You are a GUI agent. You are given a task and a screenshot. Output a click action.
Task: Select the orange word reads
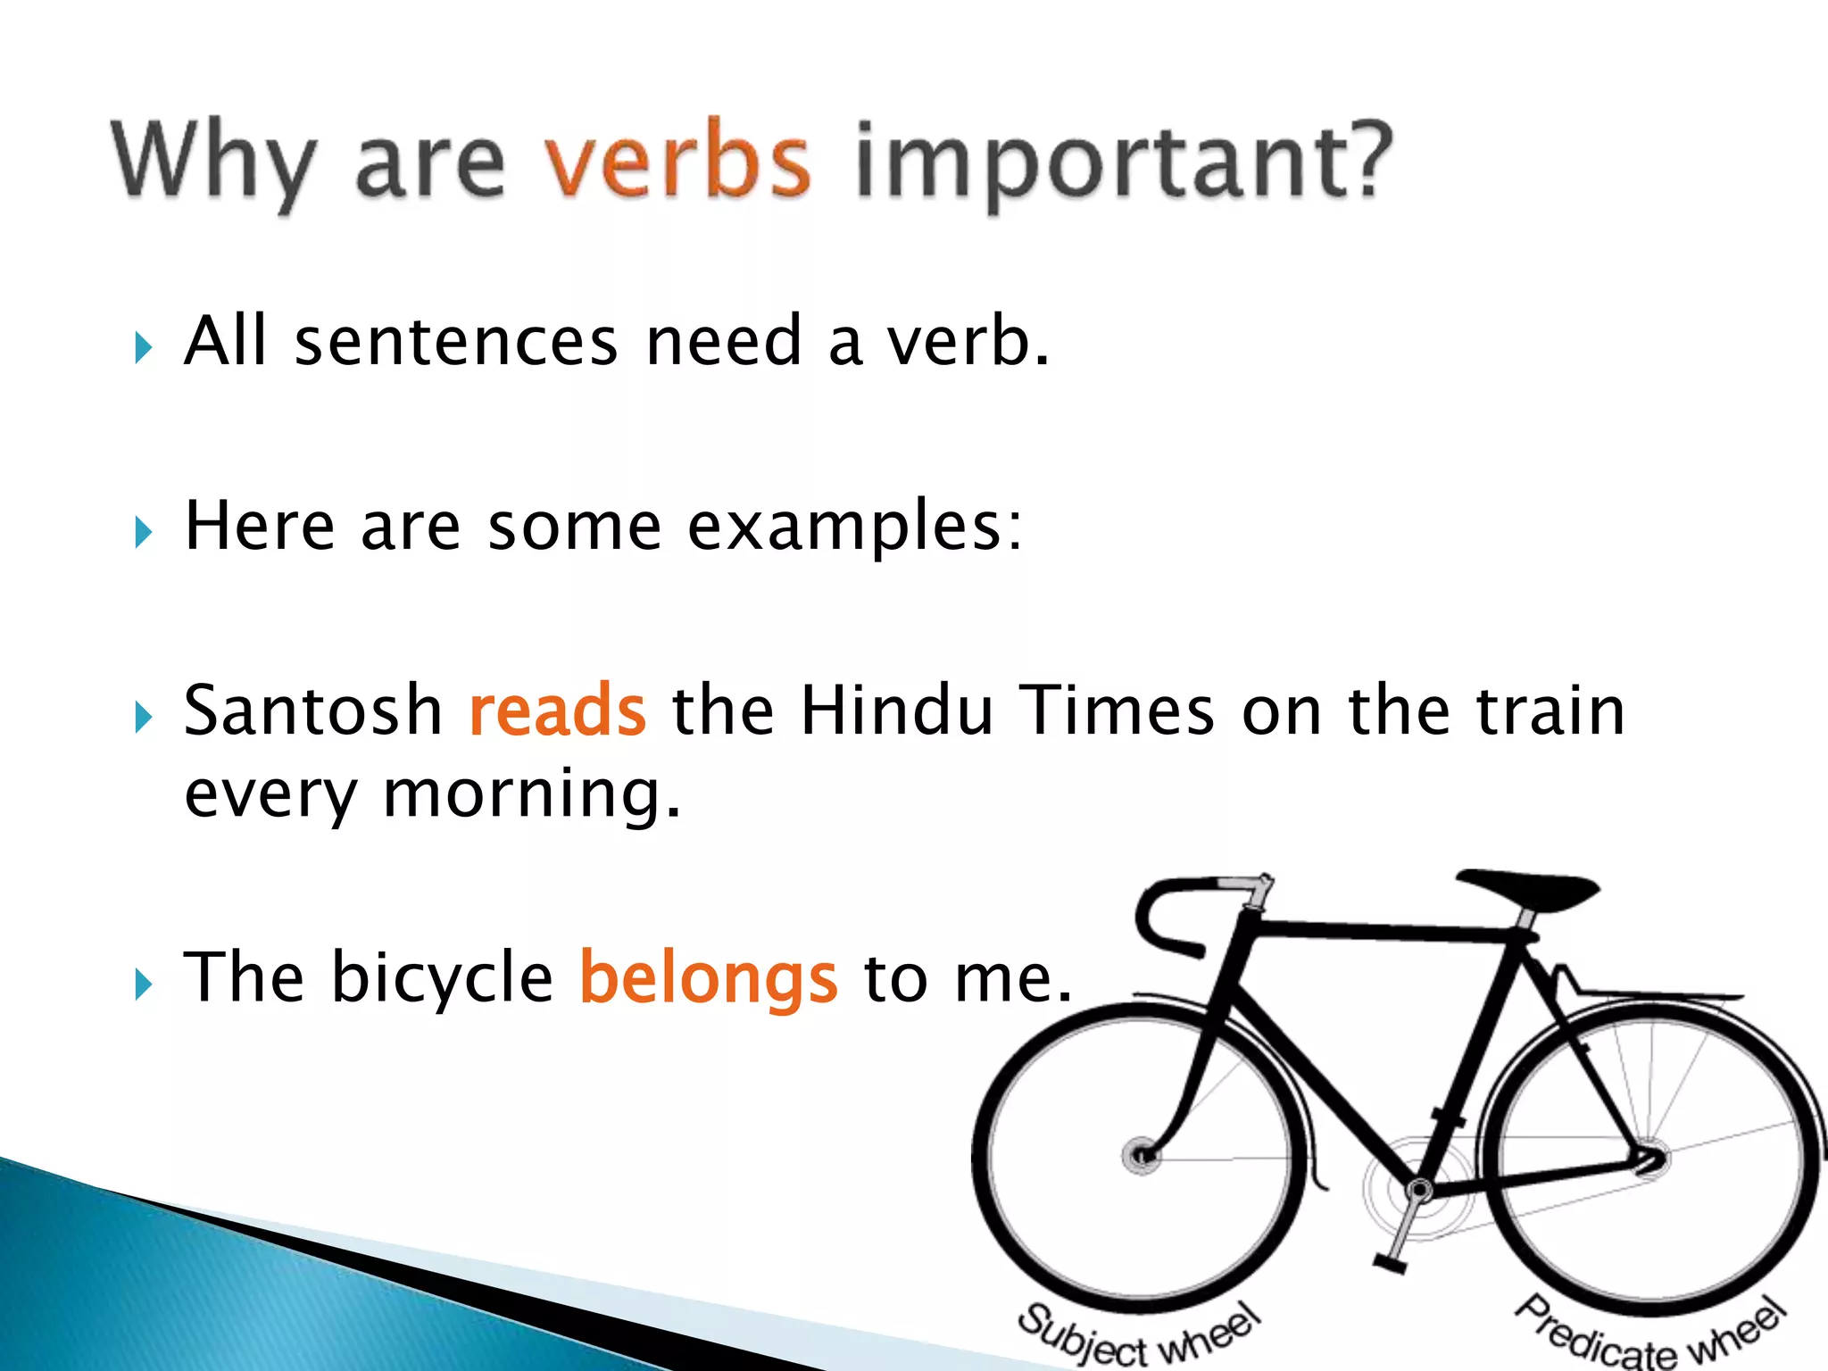(557, 711)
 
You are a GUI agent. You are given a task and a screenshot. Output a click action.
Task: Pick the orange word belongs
(709, 979)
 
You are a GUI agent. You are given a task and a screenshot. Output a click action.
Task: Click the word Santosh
(313, 711)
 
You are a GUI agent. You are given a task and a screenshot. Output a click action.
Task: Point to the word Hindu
(897, 711)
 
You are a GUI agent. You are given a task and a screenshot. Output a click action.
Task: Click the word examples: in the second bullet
(854, 527)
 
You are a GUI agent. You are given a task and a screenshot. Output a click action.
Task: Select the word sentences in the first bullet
(456, 342)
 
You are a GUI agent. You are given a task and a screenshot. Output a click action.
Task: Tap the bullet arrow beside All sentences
(143, 347)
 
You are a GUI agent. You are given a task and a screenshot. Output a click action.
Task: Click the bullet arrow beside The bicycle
(143, 985)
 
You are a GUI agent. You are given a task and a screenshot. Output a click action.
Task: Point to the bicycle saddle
(1531, 889)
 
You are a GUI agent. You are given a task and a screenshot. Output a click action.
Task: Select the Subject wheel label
(1138, 1335)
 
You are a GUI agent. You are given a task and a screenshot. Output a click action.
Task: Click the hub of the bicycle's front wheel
(1142, 1156)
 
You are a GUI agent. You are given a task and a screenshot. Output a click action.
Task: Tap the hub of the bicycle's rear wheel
(1651, 1158)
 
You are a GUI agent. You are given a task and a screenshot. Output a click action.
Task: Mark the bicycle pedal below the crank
(1389, 1263)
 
